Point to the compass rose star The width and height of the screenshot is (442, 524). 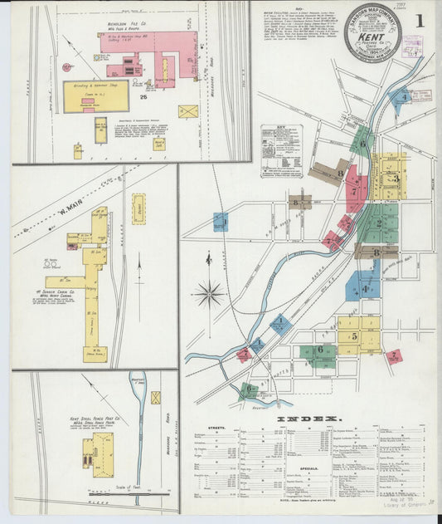pyautogui.click(x=209, y=292)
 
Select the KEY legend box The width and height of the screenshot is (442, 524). pyautogui.click(x=281, y=150)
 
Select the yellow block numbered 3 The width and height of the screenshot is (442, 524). pyautogui.click(x=391, y=177)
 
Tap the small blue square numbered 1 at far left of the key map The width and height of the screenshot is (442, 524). pyautogui.click(x=220, y=222)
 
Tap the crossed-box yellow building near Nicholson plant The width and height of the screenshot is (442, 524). pyautogui.click(x=188, y=110)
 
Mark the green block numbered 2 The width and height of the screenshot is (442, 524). pyautogui.click(x=380, y=222)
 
